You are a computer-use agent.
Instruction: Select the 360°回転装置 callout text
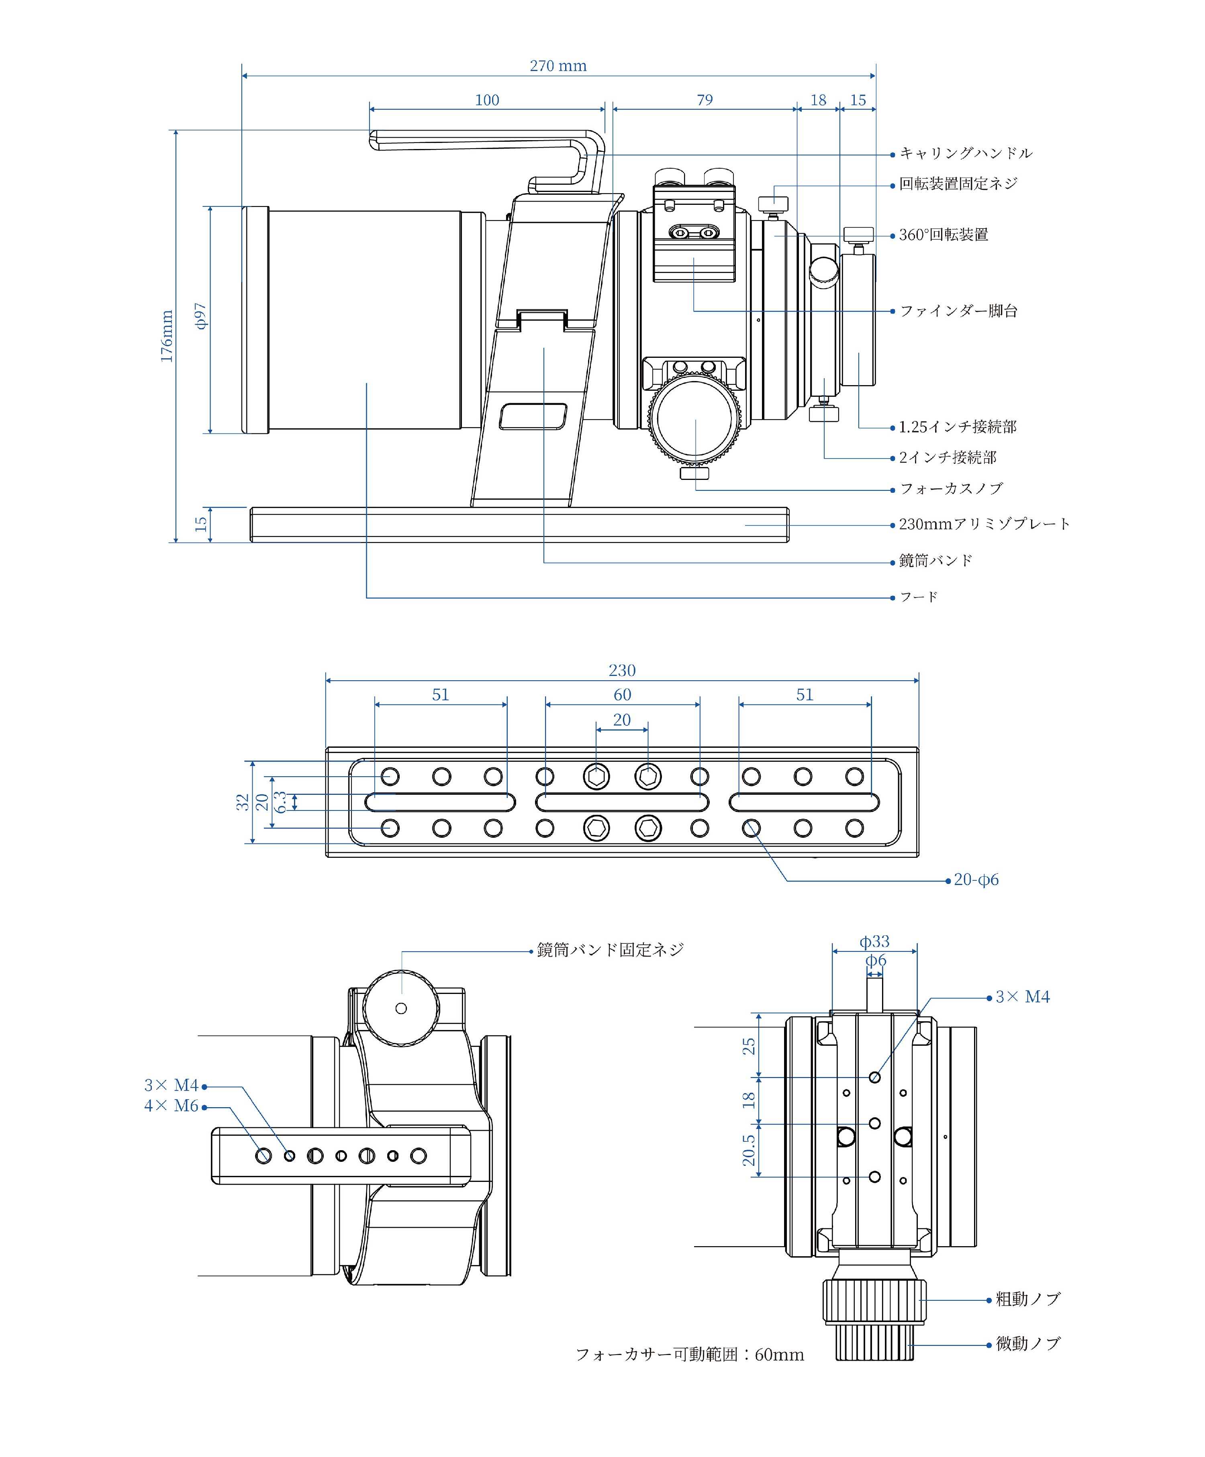[x=944, y=235]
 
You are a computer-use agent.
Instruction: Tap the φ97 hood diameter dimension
[x=200, y=316]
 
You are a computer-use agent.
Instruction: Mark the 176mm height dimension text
[x=167, y=337]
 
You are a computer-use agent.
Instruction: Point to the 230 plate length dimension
[x=622, y=670]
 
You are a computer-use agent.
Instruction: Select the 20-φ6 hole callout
[x=976, y=880]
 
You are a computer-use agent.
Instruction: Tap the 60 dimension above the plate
[x=622, y=694]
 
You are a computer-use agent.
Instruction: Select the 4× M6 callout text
[x=171, y=1106]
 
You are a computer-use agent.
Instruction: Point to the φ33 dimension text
[x=874, y=941]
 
